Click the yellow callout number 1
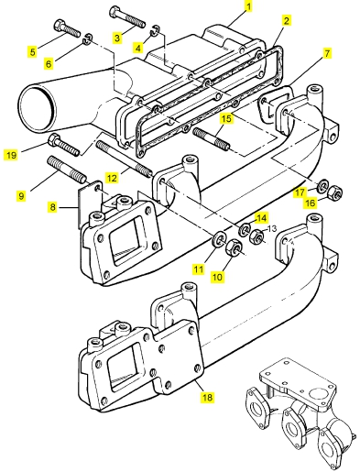point(249,6)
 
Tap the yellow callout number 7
point(327,54)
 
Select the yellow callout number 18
point(207,397)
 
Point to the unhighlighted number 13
point(271,228)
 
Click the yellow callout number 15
point(226,118)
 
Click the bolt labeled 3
point(127,16)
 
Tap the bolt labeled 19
point(64,146)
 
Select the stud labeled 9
point(66,170)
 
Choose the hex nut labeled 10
point(234,247)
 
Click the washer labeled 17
point(322,186)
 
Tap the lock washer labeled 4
point(154,30)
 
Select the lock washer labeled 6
point(87,38)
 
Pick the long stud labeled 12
point(125,159)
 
